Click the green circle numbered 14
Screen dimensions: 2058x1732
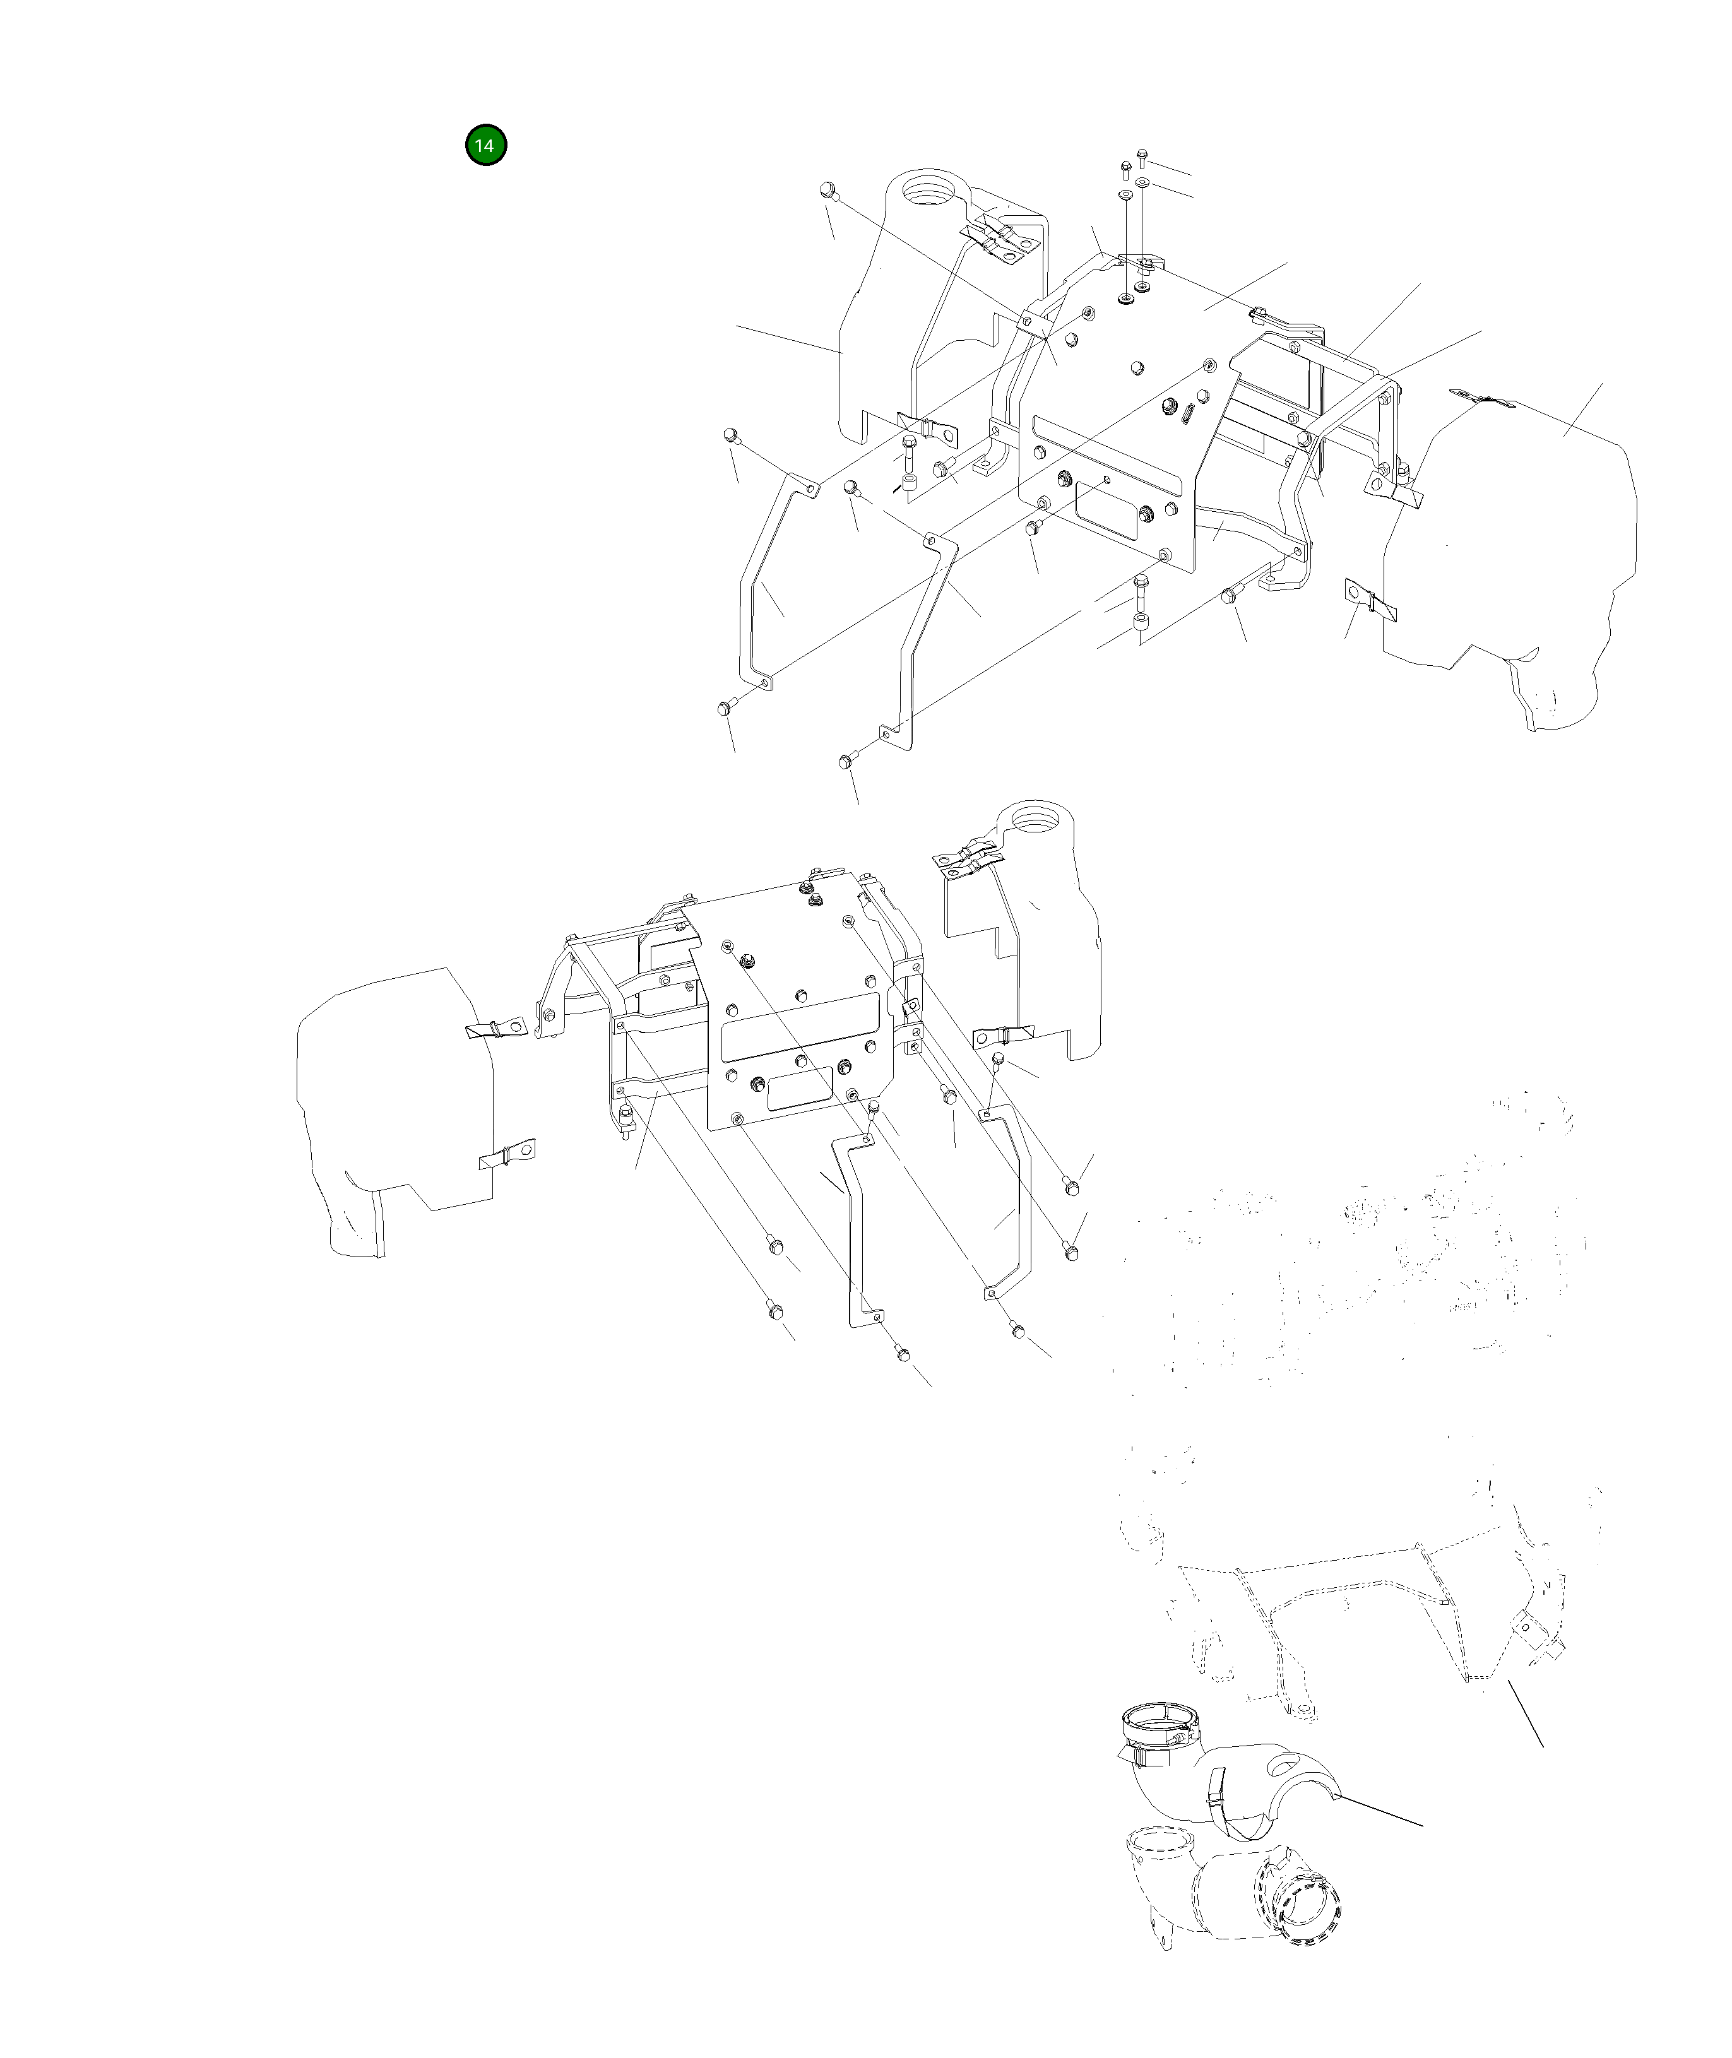(x=485, y=145)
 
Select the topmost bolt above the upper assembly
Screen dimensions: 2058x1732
(x=1142, y=155)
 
